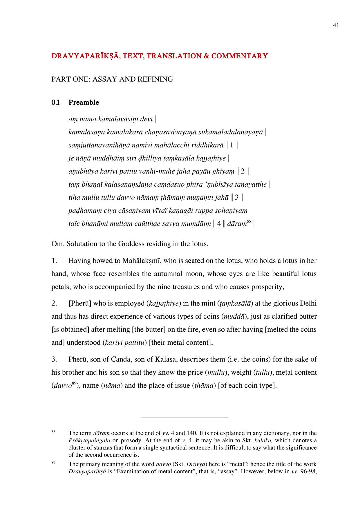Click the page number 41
tap(336, 25)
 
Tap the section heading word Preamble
tap(84, 103)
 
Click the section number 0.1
tap(55, 103)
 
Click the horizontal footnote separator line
tap(184, 418)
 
